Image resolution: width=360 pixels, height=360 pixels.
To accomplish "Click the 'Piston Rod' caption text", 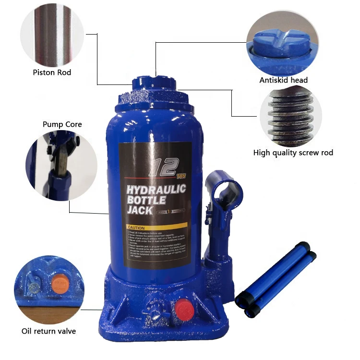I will pos(52,72).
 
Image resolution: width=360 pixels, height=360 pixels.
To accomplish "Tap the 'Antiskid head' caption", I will pos(283,80).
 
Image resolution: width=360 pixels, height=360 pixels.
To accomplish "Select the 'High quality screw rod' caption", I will pos(293,153).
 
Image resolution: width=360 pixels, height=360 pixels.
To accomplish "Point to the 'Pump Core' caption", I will pos(62,124).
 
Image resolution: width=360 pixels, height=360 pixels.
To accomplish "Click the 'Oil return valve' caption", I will pos(48,331).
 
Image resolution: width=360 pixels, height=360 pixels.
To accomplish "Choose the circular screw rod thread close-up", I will pos(286,115).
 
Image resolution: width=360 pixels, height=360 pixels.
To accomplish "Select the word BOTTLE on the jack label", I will pos(145,200).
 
